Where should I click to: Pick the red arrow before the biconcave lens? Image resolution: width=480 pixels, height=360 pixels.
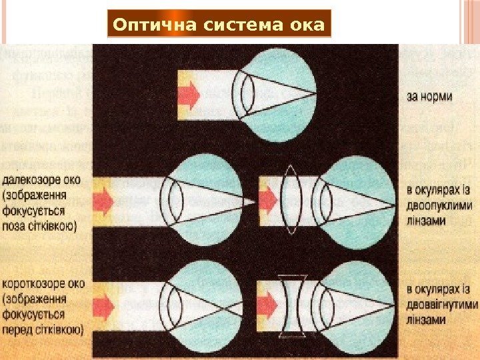(267, 306)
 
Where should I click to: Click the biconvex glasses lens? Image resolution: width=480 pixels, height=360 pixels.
(291, 200)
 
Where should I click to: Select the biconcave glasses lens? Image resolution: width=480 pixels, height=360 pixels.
(291, 306)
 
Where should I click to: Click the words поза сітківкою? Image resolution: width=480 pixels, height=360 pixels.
(40, 226)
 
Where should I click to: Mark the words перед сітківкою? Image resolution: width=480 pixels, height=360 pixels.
(43, 329)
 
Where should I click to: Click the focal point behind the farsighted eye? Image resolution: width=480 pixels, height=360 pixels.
(253, 201)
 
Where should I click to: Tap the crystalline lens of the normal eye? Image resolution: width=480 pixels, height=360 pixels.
(247, 97)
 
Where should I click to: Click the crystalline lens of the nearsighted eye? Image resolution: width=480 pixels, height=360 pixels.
(175, 306)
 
